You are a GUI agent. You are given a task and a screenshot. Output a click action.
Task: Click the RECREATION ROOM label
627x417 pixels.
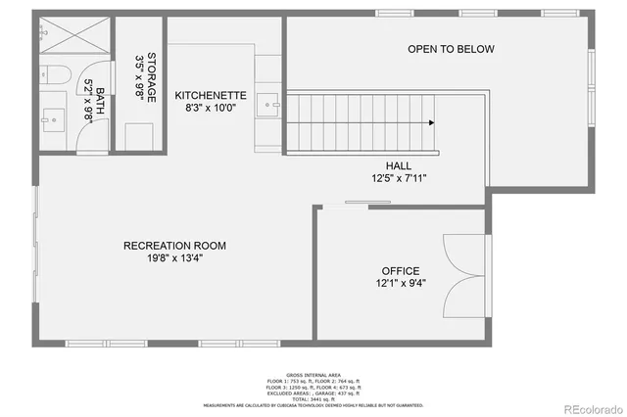[175, 245]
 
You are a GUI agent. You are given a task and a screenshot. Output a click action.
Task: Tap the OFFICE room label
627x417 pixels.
[401, 271]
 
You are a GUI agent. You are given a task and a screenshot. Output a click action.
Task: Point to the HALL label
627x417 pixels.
[399, 165]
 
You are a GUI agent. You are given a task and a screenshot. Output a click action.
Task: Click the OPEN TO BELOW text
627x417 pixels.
[451, 49]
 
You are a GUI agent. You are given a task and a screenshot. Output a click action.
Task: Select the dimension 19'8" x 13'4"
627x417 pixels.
[175, 257]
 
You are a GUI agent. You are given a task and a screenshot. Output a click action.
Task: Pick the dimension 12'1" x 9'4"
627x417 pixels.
[401, 284]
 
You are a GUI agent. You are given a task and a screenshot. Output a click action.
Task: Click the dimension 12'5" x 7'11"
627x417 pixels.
[399, 178]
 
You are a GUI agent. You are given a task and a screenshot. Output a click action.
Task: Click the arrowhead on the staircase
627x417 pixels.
[431, 122]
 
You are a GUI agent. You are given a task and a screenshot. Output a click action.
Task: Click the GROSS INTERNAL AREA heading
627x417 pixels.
[313, 374]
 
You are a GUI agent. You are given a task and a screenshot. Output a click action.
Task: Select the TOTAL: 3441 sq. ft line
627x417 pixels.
[313, 398]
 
